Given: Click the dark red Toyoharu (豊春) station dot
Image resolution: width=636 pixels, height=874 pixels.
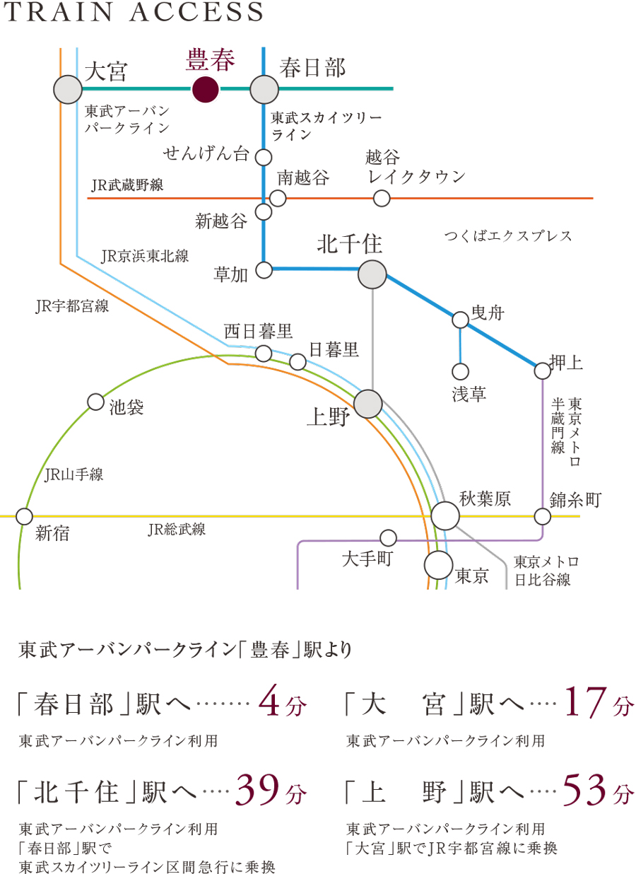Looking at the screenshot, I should coord(205,90).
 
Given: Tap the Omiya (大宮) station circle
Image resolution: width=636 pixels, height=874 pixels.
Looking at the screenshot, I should coord(69,90).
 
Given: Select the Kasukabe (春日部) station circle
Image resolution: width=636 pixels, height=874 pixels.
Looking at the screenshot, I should coord(264,90).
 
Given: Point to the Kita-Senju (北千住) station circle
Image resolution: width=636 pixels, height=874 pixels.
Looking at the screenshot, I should coord(372,274).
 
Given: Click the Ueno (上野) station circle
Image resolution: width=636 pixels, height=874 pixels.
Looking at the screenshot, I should coord(367,404).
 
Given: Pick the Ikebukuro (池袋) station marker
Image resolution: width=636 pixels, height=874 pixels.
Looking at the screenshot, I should coord(95,402).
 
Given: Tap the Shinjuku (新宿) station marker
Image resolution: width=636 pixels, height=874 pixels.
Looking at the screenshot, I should coord(24,516).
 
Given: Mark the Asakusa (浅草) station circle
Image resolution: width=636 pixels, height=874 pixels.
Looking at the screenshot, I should coord(460,371).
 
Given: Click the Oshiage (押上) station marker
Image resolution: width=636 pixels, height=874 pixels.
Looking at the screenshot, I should coord(542,371).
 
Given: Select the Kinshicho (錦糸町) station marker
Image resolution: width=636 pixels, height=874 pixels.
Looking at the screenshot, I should coord(542,516).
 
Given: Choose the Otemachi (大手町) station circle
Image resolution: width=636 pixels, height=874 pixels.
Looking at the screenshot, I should coord(388,537).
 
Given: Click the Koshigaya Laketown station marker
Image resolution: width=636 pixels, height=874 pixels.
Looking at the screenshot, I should coord(382,198).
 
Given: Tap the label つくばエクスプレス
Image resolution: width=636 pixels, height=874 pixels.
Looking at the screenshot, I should coord(508,236).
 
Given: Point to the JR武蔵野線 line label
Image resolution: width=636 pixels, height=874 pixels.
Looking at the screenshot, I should coord(127,185).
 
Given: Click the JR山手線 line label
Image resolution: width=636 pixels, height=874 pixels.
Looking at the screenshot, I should coord(73,475).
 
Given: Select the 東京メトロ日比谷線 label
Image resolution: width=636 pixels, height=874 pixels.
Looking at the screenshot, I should coord(546,571).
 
